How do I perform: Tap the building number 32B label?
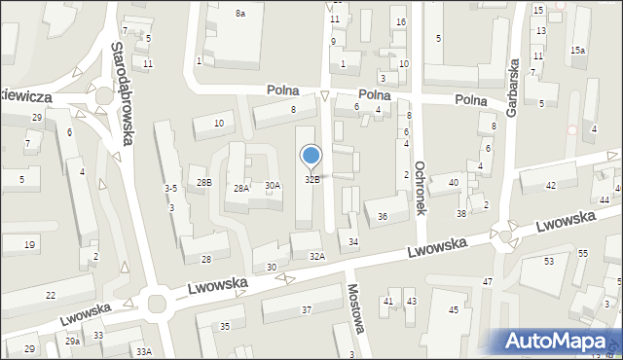312,179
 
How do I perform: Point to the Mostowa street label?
355,307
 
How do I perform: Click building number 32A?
317,256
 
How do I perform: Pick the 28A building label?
240,189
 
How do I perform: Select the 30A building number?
273,185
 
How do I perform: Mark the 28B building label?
203,182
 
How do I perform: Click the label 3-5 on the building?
170,188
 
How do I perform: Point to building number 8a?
239,13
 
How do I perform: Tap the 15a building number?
578,50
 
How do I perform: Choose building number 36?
383,217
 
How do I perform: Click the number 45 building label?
453,309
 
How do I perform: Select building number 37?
306,309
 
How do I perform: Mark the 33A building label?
144,351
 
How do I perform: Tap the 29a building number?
72,342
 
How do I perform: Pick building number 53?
549,262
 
